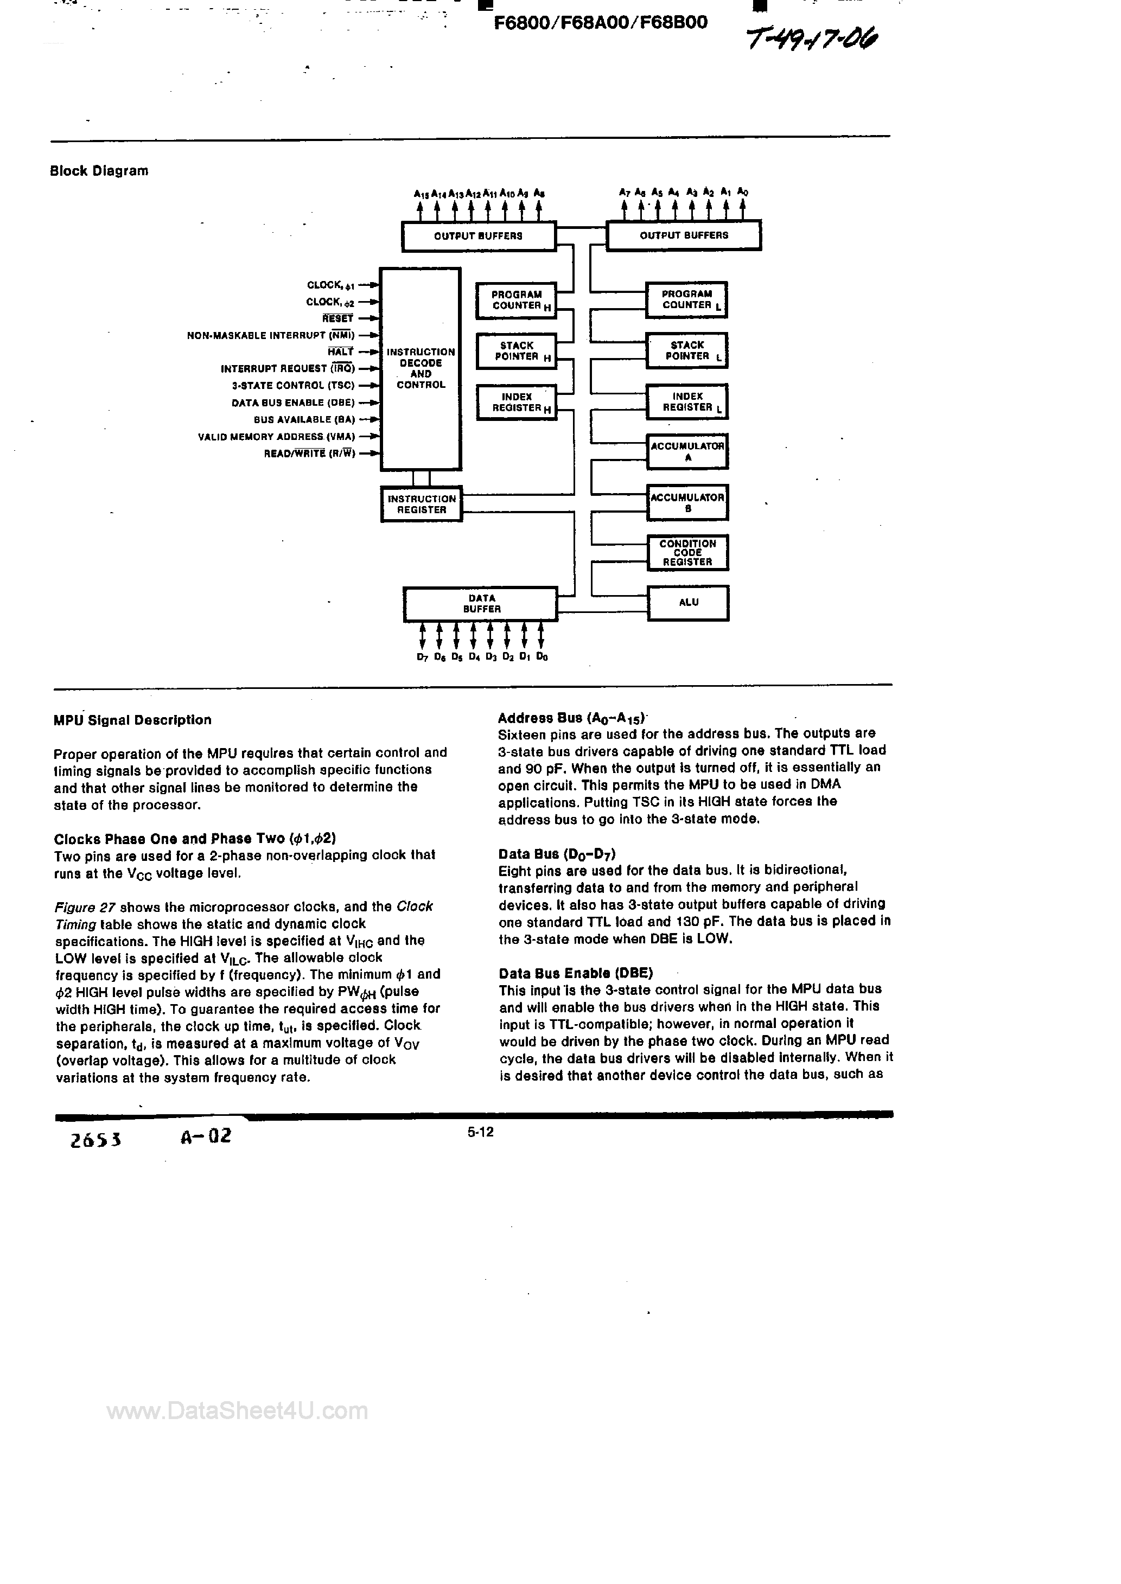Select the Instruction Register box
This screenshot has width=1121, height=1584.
click(x=421, y=504)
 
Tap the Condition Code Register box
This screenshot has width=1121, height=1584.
click(x=687, y=553)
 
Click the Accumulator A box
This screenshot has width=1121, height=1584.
click(x=687, y=451)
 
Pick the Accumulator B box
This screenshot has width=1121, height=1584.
click(x=687, y=502)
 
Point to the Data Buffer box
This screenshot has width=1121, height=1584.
click(x=480, y=604)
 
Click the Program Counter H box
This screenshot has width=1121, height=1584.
click(x=517, y=300)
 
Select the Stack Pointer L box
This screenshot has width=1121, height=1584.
click(x=687, y=351)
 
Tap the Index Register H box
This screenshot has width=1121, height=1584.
click(x=517, y=402)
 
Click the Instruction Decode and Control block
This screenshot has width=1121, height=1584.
click(x=421, y=368)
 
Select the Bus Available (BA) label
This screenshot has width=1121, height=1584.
click(x=304, y=419)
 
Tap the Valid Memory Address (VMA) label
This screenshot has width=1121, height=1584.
click(x=276, y=437)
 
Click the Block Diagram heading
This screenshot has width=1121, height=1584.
click(x=99, y=171)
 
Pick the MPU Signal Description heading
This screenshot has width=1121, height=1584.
click(x=132, y=720)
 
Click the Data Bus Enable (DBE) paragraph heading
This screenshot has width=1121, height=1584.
click(x=576, y=973)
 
